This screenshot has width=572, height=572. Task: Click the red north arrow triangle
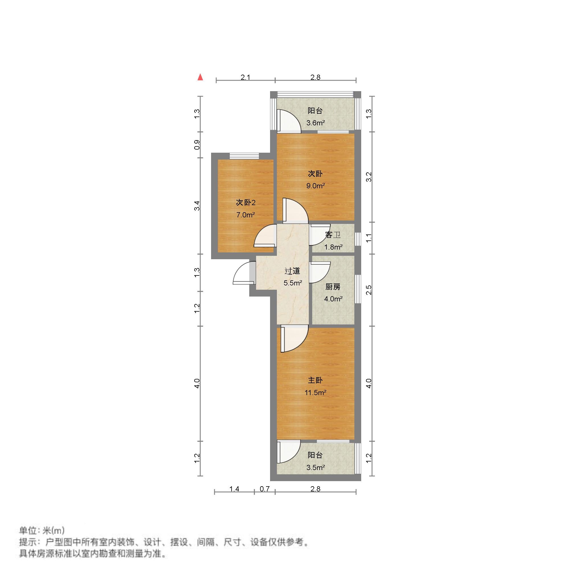pyautogui.click(x=201, y=77)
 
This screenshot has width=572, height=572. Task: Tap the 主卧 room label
pyautogui.click(x=315, y=380)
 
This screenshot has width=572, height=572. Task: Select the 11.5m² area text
pyautogui.click(x=315, y=393)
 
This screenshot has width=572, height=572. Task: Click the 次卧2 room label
pyautogui.click(x=246, y=203)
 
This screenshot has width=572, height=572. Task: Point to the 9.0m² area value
pyautogui.click(x=315, y=186)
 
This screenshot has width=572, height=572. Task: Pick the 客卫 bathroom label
pyautogui.click(x=333, y=235)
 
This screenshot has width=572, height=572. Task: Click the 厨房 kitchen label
pyautogui.click(x=333, y=287)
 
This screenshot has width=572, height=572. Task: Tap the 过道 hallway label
pyautogui.click(x=292, y=271)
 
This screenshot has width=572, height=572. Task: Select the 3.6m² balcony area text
pyautogui.click(x=316, y=123)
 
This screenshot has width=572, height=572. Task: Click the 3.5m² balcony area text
pyautogui.click(x=316, y=467)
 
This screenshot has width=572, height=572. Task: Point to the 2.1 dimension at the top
pyautogui.click(x=246, y=77)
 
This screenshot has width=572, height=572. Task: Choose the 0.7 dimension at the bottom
pyautogui.click(x=265, y=489)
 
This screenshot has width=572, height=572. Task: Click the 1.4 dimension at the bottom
pyautogui.click(x=234, y=489)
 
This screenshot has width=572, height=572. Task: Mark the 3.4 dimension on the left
pyautogui.click(x=197, y=206)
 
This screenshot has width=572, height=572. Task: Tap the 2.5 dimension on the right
pyautogui.click(x=369, y=290)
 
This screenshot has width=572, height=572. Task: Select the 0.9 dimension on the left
pyautogui.click(x=197, y=145)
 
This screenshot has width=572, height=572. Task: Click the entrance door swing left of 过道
pyautogui.click(x=242, y=273)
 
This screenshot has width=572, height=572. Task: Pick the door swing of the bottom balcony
pyautogui.click(x=288, y=452)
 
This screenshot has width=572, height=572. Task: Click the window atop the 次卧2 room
pyautogui.click(x=244, y=156)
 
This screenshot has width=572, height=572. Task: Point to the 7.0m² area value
pyautogui.click(x=246, y=215)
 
